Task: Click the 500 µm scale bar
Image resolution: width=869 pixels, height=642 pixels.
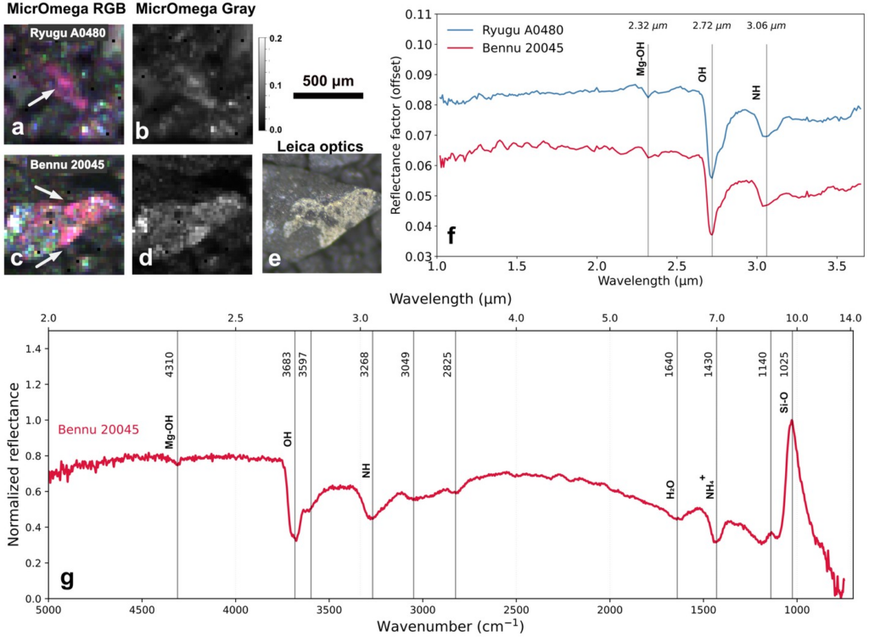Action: (x=328, y=96)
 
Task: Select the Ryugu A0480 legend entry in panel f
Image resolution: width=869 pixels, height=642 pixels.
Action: (x=505, y=30)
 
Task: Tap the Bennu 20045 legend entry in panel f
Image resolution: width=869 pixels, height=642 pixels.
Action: (x=505, y=47)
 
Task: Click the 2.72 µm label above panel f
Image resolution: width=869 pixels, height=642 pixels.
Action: (x=712, y=25)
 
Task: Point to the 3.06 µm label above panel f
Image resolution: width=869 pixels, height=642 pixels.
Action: (x=766, y=25)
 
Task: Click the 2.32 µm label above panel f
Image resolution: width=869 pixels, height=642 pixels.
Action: (x=648, y=25)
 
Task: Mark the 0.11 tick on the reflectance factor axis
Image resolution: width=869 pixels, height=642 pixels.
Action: (x=418, y=14)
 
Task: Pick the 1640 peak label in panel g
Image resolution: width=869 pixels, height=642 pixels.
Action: (x=669, y=365)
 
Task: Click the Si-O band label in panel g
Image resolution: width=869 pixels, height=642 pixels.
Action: (x=783, y=402)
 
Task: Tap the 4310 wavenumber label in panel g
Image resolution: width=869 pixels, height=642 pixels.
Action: (x=170, y=365)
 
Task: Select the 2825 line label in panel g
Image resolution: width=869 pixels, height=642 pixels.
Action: (x=447, y=365)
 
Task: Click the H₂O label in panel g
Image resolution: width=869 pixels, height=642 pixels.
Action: (x=670, y=489)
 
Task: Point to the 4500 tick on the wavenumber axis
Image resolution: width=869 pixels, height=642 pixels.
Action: (x=143, y=610)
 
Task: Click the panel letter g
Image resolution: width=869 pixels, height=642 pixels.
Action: (x=66, y=579)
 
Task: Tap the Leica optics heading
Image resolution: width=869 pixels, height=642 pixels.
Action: (x=320, y=147)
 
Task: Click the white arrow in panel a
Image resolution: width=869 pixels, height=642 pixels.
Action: (x=41, y=98)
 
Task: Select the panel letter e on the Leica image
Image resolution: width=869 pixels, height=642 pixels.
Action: (x=275, y=259)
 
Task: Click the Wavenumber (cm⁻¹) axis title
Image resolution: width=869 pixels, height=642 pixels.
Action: (x=450, y=627)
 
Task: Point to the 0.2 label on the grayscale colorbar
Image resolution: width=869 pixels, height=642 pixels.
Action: (x=276, y=39)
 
